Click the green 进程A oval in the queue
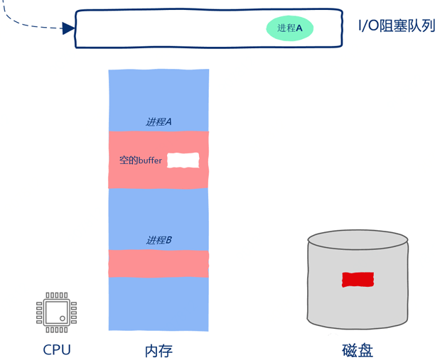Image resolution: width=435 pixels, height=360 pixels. (290, 28)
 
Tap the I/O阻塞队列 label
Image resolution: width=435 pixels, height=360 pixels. (396, 27)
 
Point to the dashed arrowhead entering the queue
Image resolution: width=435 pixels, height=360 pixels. (69, 28)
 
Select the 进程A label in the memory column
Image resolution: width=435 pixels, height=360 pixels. (159, 121)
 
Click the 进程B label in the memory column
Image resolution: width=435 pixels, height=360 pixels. (159, 240)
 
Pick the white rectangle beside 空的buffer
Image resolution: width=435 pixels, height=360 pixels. (183, 160)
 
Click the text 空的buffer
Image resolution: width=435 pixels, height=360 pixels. (141, 160)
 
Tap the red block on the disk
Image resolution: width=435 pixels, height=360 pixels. (358, 280)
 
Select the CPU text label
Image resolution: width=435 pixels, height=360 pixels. (57, 349)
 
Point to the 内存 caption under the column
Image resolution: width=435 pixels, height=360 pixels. (159, 351)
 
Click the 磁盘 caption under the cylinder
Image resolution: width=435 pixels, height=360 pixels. (358, 351)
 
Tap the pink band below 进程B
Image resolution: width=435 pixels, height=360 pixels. (159, 263)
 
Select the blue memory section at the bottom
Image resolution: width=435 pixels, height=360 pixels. (159, 303)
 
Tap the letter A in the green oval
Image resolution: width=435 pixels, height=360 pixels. (299, 28)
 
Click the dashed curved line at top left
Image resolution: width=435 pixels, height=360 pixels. (28, 26)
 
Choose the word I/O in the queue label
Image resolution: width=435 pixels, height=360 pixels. (369, 27)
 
